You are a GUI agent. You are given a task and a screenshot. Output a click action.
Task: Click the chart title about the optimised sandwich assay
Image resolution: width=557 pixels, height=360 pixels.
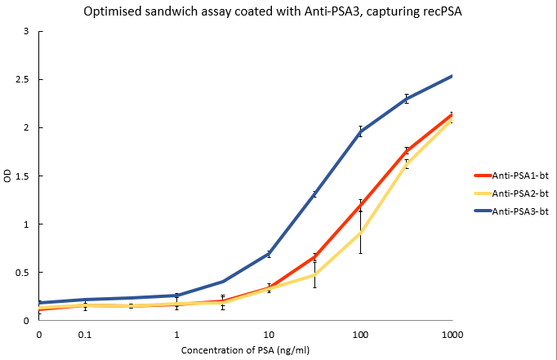pos(278,11)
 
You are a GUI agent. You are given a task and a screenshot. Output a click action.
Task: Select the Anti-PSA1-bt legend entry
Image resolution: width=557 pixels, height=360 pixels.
pos(514,175)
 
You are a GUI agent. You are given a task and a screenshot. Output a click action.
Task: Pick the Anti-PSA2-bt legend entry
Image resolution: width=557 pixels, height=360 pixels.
pos(514,193)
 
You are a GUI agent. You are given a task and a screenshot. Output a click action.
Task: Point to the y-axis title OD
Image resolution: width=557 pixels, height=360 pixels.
pos(8,176)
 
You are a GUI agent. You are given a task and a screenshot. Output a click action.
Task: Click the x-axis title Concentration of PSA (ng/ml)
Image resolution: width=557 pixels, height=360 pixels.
pos(245,349)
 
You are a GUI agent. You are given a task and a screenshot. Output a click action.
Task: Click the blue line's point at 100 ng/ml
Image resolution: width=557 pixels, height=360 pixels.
pos(360,131)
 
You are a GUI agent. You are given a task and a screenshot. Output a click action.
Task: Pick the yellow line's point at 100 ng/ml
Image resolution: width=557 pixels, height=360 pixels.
pos(360,233)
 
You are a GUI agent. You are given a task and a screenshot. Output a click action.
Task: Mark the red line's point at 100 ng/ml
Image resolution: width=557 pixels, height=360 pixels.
pos(360,205)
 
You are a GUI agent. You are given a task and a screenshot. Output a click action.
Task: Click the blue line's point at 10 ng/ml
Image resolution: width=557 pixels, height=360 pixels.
pos(269,254)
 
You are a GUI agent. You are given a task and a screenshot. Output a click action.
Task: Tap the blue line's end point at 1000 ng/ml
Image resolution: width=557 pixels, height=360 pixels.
pos(452,76)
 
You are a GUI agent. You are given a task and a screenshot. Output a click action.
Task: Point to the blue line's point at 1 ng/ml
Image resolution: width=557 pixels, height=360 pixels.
pos(176,295)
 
